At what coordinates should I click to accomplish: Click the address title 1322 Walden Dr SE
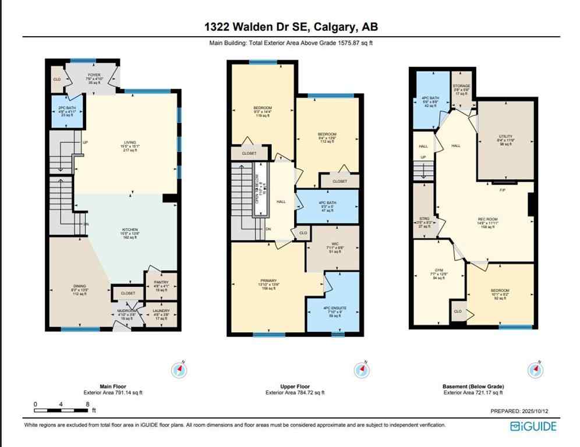click(290, 27)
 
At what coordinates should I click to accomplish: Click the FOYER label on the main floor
click(94, 75)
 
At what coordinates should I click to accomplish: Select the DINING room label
click(79, 286)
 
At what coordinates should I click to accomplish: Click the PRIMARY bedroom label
click(268, 281)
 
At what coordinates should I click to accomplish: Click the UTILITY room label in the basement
click(505, 137)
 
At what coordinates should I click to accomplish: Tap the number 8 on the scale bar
click(87, 404)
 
